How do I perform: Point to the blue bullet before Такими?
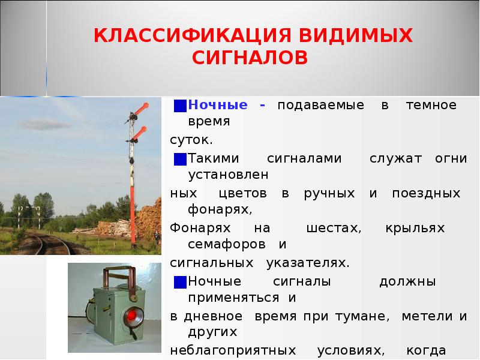[x=179, y=159]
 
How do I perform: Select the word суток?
[x=190, y=140]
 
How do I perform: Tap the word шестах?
[x=332, y=229]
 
